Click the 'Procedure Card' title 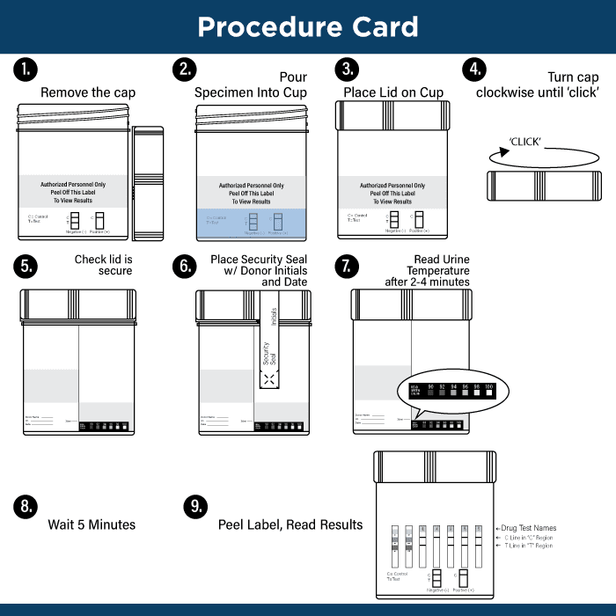click(x=308, y=26)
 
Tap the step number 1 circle click(x=26, y=70)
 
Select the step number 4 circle click(x=475, y=70)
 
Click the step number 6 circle click(x=184, y=267)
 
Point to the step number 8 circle click(x=26, y=506)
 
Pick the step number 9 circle click(x=195, y=506)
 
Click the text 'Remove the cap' click(x=88, y=92)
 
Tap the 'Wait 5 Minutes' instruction click(x=92, y=524)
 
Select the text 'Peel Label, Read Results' click(x=290, y=524)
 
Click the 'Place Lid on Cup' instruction click(x=393, y=92)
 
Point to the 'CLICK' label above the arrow click(x=525, y=141)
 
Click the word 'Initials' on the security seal click(x=274, y=317)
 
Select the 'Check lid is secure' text click(x=103, y=265)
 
